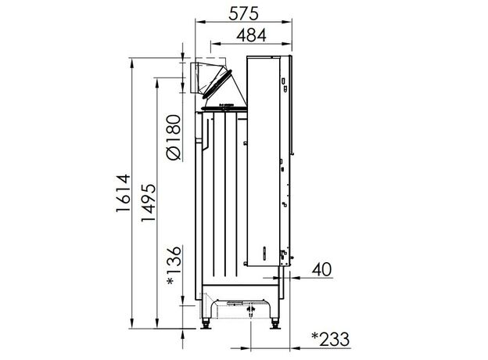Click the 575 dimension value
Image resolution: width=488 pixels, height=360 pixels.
[243, 14]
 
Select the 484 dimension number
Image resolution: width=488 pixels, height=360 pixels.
[251, 35]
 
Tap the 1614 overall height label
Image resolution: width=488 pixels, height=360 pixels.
[123, 193]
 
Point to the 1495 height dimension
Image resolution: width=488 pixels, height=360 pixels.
[148, 203]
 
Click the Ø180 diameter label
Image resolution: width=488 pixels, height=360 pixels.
[174, 137]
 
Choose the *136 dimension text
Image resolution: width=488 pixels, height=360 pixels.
[174, 265]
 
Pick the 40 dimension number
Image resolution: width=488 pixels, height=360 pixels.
[321, 269]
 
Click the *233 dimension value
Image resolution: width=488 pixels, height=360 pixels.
[331, 340]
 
